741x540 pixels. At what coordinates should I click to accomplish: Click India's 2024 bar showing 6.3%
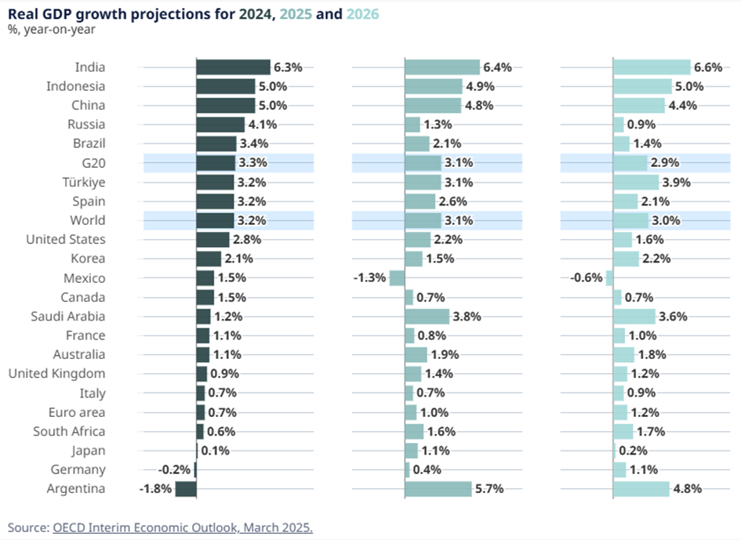[233, 67]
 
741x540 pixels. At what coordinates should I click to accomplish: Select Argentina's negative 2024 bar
[186, 489]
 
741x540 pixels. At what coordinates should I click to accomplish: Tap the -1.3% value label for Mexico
[370, 278]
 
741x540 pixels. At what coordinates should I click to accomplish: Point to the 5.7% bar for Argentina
[438, 489]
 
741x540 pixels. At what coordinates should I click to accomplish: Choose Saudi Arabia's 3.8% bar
[427, 317]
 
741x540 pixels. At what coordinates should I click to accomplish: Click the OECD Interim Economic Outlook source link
[182, 527]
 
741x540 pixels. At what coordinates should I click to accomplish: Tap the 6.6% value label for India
[707, 67]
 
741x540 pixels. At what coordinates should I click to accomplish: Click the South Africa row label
[69, 431]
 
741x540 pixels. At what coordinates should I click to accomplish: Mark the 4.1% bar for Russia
[220, 124]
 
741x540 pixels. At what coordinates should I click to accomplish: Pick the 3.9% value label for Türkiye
[677, 182]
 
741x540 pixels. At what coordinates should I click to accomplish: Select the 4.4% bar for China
[638, 106]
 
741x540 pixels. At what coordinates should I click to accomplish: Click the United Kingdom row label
[56, 374]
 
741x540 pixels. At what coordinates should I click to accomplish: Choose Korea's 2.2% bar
[626, 259]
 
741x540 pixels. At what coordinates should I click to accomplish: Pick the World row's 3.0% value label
[667, 221]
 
